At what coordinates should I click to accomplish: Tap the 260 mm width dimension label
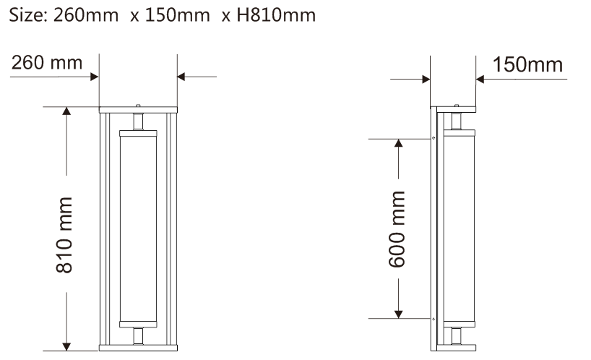pyautogui.click(x=46, y=64)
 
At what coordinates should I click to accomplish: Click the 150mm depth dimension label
pyautogui.click(x=527, y=64)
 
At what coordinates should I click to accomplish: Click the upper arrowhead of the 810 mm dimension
pyautogui.click(x=66, y=112)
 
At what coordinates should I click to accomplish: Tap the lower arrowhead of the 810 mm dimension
pyautogui.click(x=66, y=345)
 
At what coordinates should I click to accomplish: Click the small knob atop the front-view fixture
pyautogui.click(x=137, y=106)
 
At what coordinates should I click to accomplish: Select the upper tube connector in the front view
pyautogui.click(x=137, y=121)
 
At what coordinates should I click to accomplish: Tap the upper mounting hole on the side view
pyautogui.click(x=433, y=138)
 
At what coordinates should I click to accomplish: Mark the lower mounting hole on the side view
pyautogui.click(x=433, y=318)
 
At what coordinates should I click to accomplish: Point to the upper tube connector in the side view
pyautogui.click(x=457, y=121)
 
